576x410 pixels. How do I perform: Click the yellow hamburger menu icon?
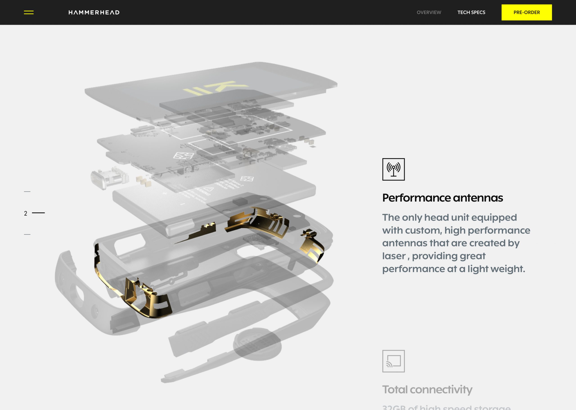coord(29,12)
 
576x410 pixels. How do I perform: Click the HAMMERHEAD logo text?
coord(94,12)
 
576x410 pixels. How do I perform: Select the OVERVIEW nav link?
coord(429,12)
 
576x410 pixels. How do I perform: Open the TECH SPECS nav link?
coord(471,12)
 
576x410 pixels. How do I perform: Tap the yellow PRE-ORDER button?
coord(526,12)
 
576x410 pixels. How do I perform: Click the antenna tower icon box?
coord(393,169)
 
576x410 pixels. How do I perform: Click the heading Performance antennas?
coord(442,198)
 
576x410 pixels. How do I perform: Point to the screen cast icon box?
coord(393,361)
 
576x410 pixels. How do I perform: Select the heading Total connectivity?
coord(427,389)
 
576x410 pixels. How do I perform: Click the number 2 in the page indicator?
coord(25,214)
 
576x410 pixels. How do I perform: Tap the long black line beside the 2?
coord(38,213)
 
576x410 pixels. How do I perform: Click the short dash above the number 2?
coord(27,192)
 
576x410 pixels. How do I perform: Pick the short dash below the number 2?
coord(27,235)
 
